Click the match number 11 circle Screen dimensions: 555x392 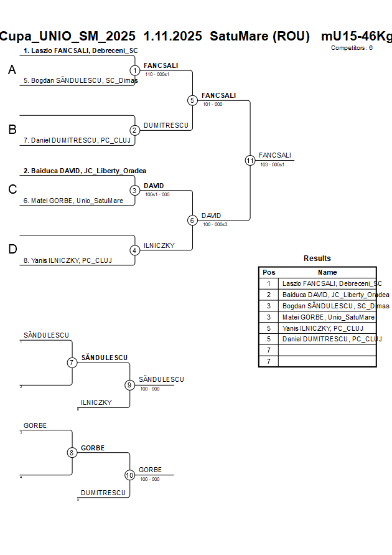[250, 160]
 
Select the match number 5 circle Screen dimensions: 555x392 [192, 100]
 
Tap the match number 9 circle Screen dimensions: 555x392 [129, 385]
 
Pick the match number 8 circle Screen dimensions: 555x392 [72, 453]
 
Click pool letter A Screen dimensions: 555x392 [12, 71]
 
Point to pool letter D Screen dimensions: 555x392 [12, 250]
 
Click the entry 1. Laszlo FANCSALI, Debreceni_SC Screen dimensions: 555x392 [81, 50]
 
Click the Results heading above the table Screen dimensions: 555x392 [317, 259]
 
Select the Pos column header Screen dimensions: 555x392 [269, 272]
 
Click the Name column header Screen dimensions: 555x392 [327, 272]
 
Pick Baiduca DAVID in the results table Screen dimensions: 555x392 [335, 295]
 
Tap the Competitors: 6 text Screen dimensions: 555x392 [352, 47]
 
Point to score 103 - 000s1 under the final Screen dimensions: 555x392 [273, 164]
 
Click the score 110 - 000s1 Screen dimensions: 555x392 [157, 74]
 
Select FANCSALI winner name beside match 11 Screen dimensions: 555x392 [275, 155]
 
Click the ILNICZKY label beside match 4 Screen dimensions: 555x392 [159, 245]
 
